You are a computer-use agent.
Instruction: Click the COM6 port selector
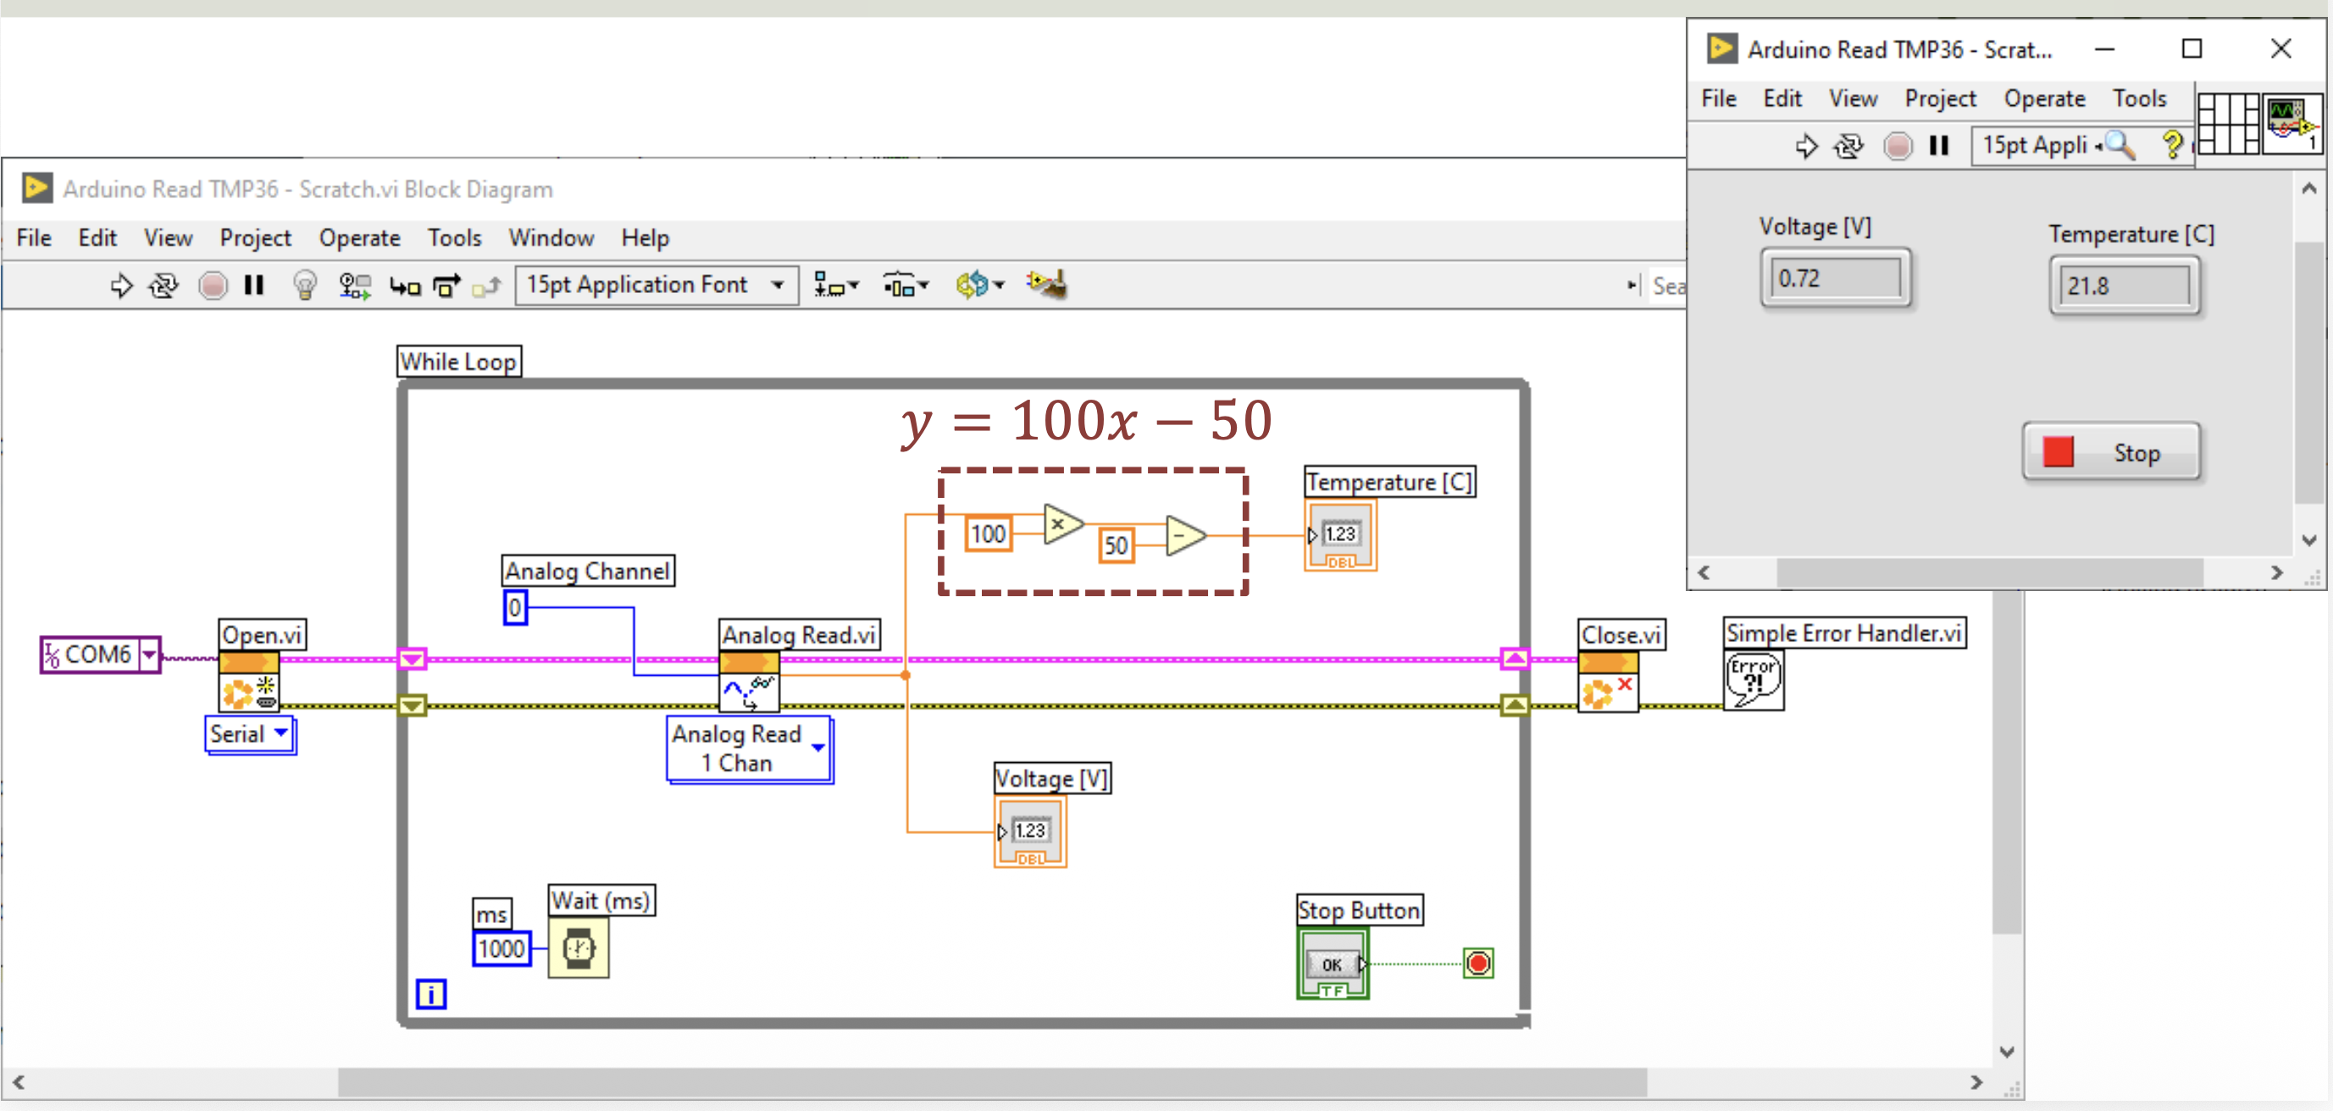point(101,654)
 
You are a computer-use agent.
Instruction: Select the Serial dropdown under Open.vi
point(250,734)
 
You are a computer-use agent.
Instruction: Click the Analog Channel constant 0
point(514,607)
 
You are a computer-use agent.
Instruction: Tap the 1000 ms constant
point(501,948)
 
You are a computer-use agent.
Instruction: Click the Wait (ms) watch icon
point(579,948)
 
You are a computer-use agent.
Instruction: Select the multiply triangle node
point(1062,524)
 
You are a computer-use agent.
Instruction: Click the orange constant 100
point(987,533)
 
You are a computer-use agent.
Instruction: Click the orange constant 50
point(1116,545)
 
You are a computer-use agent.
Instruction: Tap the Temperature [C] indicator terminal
point(1340,535)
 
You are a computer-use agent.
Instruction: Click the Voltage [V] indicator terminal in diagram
point(1031,832)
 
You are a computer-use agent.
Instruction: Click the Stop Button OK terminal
point(1333,964)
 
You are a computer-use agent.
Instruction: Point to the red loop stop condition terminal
point(1478,963)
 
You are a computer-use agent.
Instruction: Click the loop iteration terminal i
point(431,993)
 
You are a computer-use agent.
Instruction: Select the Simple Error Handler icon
point(1754,680)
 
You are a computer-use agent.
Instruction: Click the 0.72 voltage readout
point(1836,278)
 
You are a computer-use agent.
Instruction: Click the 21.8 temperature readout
point(2125,286)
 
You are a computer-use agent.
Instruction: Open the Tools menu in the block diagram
point(454,238)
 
